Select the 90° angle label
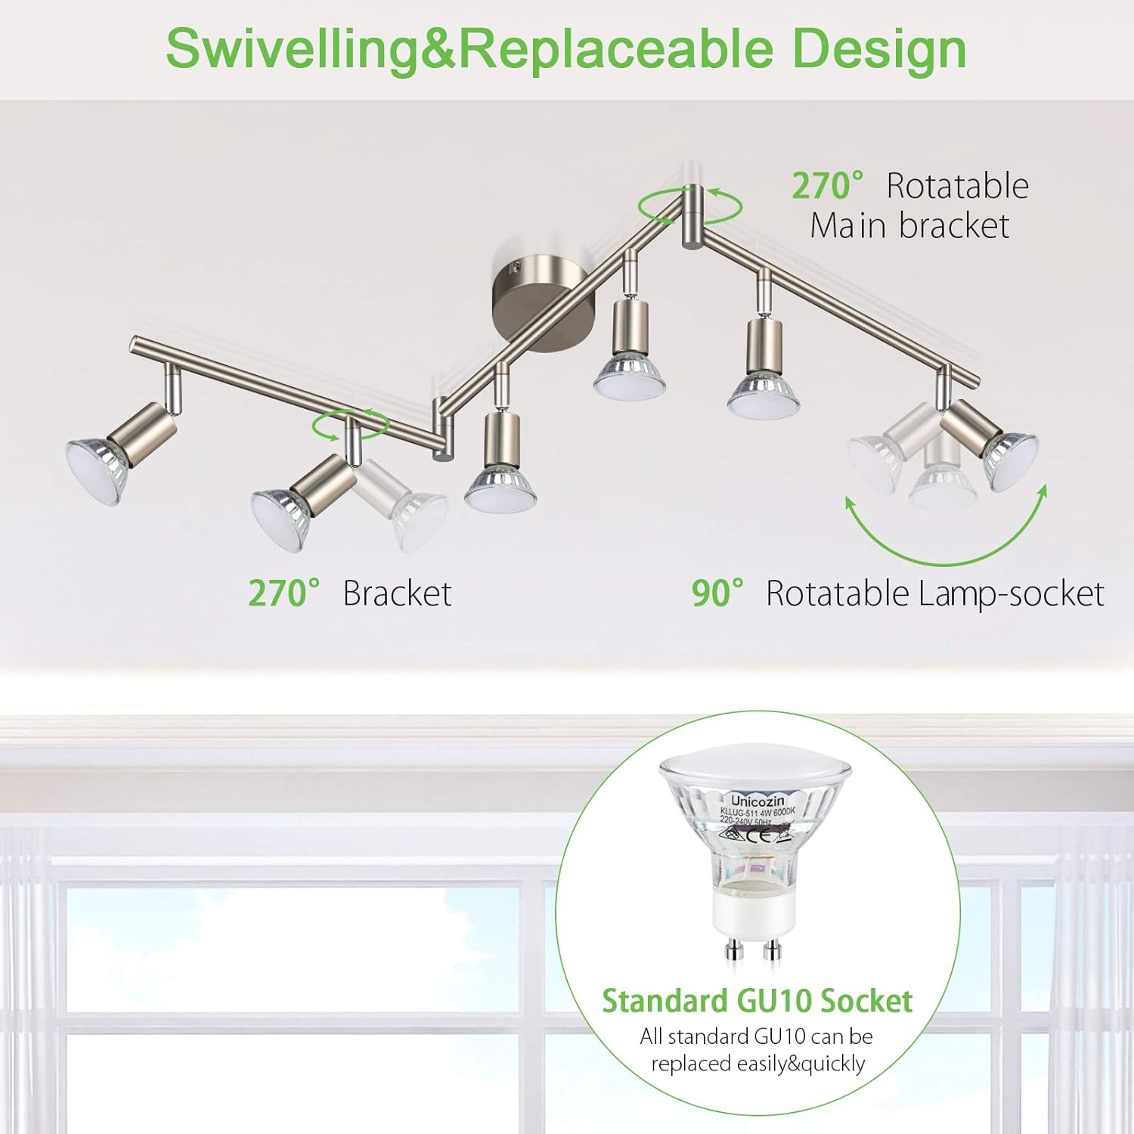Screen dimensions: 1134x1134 point(717,594)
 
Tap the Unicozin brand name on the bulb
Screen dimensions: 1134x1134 point(758,801)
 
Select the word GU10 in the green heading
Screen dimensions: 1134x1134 point(774,1001)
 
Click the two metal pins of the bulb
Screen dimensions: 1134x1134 point(751,950)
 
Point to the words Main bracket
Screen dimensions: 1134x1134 point(909,226)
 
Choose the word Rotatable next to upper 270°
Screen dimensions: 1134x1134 point(957,187)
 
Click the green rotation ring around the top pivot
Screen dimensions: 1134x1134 point(689,206)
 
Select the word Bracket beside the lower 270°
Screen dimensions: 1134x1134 point(397,594)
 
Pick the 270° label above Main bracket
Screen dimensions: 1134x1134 point(827,187)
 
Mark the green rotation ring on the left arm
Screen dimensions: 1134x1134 point(350,426)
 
